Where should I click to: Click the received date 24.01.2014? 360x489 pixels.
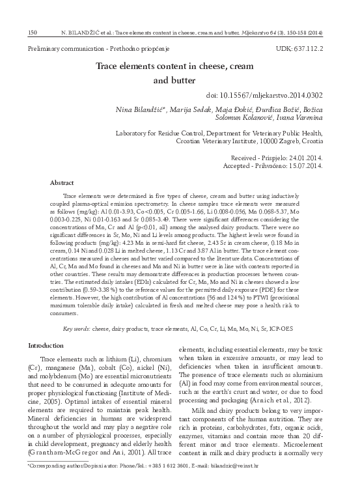point(303,158)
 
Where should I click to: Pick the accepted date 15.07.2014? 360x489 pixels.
point(303,166)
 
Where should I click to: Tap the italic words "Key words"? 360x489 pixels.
point(76,329)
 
